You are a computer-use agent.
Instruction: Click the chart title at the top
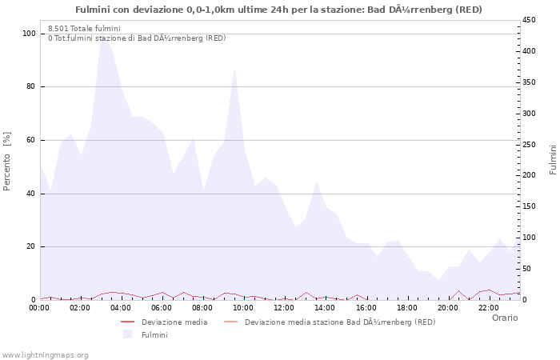point(278,10)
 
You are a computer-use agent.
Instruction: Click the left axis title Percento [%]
point(8,161)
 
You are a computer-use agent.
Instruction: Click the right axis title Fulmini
point(552,160)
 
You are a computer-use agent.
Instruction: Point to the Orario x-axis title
point(504,318)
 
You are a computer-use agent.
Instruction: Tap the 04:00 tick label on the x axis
point(122,308)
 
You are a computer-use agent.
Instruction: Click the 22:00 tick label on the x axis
point(489,308)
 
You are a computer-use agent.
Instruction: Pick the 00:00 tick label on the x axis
point(40,308)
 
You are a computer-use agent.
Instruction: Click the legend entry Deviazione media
point(174,322)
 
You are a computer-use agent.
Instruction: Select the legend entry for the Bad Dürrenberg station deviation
point(340,322)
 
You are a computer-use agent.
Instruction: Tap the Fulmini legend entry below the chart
point(154,334)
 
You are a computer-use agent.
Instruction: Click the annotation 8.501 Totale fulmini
point(84,28)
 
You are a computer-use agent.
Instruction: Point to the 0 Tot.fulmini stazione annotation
point(136,38)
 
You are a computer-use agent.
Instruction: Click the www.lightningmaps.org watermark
point(45,354)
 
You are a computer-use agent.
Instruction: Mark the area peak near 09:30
point(234,67)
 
